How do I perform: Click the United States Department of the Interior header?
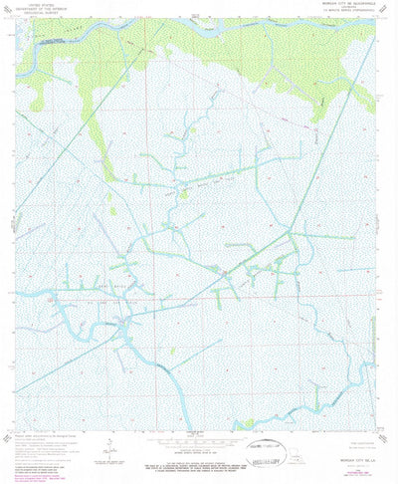pos(59,9)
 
